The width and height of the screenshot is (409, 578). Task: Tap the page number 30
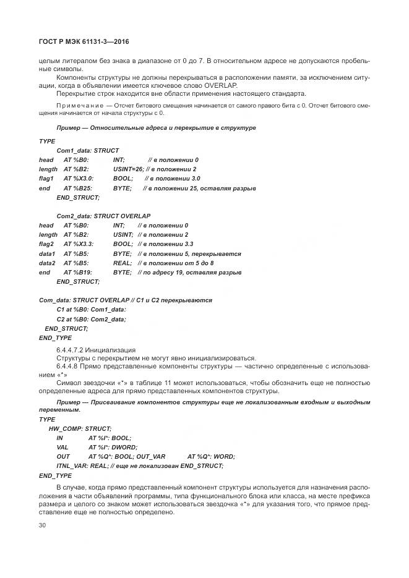[x=43, y=525]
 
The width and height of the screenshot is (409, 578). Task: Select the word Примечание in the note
[x=75, y=106]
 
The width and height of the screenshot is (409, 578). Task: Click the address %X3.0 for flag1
[x=77, y=179]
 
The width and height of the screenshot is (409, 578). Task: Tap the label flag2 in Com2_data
[x=46, y=244]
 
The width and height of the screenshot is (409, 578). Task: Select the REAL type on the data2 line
[x=121, y=263]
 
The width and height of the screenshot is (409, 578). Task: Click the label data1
[x=47, y=253]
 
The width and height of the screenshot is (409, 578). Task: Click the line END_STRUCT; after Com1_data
[x=78, y=197]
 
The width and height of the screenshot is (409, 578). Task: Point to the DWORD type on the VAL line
[x=125, y=447]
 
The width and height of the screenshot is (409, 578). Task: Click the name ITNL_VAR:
[x=72, y=465]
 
